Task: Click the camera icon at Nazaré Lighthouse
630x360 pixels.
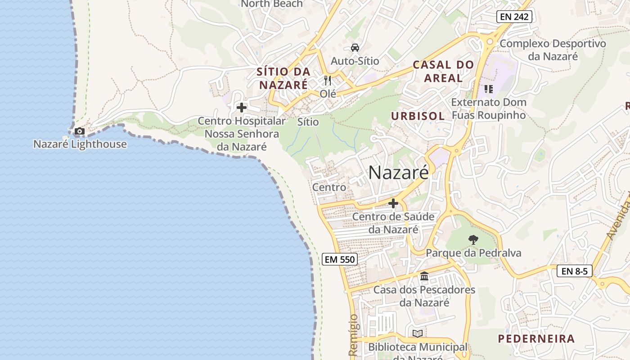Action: click(x=80, y=131)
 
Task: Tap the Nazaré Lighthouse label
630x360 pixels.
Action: click(x=80, y=144)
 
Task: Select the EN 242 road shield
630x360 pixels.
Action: click(x=515, y=17)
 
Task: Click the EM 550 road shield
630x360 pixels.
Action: click(x=340, y=259)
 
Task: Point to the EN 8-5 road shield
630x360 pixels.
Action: click(x=575, y=271)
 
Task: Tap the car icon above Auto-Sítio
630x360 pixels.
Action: click(x=355, y=48)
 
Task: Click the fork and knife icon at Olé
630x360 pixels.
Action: click(x=328, y=81)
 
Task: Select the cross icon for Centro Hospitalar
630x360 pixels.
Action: click(x=242, y=108)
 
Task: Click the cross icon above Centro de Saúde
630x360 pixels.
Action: click(x=393, y=204)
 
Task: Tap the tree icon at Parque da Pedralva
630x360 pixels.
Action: click(x=473, y=240)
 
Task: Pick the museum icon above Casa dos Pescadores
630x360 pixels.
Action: click(x=424, y=276)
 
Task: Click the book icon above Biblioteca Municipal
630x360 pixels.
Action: click(x=418, y=333)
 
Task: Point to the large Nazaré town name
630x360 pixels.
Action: click(x=398, y=172)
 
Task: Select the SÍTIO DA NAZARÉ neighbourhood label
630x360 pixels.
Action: click(x=283, y=78)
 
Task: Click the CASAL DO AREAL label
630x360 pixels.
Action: click(x=443, y=71)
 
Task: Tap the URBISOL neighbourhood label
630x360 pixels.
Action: click(x=418, y=116)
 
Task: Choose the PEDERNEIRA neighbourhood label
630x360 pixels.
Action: click(x=536, y=339)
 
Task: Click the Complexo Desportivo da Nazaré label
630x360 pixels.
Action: click(x=553, y=50)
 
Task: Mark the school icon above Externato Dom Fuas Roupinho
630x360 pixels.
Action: click(x=488, y=89)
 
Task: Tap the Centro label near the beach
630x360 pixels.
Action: click(x=329, y=187)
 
